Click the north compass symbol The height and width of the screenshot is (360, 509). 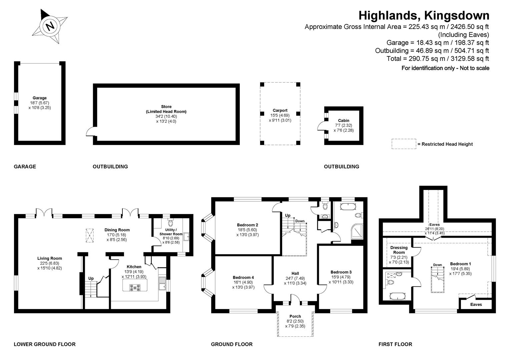point(50,26)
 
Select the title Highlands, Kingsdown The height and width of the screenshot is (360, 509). point(424,15)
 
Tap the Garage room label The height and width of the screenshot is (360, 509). point(39,98)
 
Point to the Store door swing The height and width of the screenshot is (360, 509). point(89,132)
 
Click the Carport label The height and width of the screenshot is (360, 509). point(280,110)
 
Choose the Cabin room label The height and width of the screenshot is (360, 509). point(344,121)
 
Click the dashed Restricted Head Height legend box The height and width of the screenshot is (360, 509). point(404,144)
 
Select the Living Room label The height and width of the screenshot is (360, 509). point(49,258)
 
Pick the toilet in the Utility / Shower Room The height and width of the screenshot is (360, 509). point(171,223)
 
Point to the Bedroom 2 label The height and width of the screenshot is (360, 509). point(247,225)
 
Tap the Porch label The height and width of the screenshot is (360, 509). point(295,316)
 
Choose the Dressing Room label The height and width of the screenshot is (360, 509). point(399,250)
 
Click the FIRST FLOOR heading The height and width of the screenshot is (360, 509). point(395,344)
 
